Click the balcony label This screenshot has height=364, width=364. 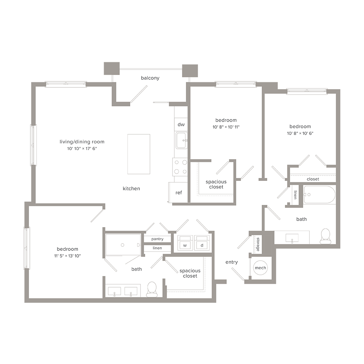pyautogui.click(x=150, y=78)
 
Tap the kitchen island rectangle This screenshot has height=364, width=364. pyautogui.click(x=139, y=154)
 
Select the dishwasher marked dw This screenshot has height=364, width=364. pyautogui.click(x=181, y=124)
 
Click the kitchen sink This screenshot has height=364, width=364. pyautogui.click(x=181, y=140)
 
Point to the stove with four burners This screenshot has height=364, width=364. pyautogui.click(x=180, y=167)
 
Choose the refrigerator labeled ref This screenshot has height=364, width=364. pyautogui.click(x=178, y=193)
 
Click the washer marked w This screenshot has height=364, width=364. pyautogui.click(x=185, y=244)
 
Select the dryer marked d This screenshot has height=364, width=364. pyautogui.click(x=202, y=244)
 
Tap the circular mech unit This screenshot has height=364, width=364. pyautogui.click(x=260, y=268)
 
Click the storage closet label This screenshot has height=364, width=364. pyautogui.click(x=258, y=244)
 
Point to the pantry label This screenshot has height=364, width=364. pyautogui.click(x=158, y=239)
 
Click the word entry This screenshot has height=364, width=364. pyautogui.click(x=232, y=262)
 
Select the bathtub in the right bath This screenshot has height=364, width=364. pyautogui.click(x=319, y=195)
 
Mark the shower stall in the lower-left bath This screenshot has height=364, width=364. pyautogui.click(x=123, y=245)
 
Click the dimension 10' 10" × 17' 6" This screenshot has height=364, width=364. pyautogui.click(x=79, y=148)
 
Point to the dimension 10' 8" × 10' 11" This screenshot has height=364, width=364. pyautogui.click(x=226, y=127)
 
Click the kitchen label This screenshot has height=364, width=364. pyautogui.click(x=131, y=189)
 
